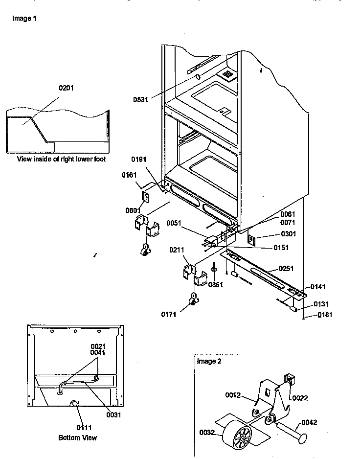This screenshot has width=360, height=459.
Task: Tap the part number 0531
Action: pyautogui.click(x=141, y=99)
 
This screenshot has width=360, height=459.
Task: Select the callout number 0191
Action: pyautogui.click(x=139, y=160)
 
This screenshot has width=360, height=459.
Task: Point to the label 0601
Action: pyautogui.click(x=132, y=210)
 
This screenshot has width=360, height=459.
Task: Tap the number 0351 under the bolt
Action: pyautogui.click(x=215, y=284)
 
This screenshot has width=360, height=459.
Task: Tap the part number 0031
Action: pyautogui.click(x=113, y=415)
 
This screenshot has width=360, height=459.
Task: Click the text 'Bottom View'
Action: pyautogui.click(x=77, y=437)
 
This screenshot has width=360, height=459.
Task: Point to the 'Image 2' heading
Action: pyautogui.click(x=209, y=362)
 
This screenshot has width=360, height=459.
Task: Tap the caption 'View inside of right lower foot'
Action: pyautogui.click(x=61, y=159)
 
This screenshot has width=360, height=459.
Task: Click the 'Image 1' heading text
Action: pyautogui.click(x=24, y=19)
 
